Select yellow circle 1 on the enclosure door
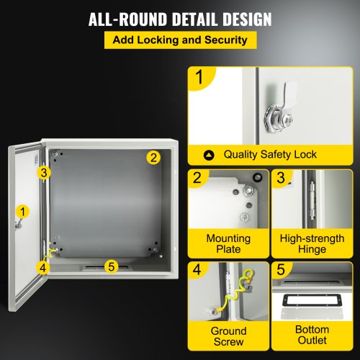(x=23, y=211)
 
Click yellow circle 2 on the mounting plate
(x=153, y=157)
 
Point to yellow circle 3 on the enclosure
(x=44, y=172)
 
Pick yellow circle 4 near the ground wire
(x=44, y=267)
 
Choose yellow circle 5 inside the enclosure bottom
(x=110, y=266)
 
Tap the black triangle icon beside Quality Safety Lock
(x=209, y=154)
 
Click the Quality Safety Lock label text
(x=269, y=154)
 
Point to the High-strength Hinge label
(x=312, y=244)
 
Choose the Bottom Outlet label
(x=312, y=337)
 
